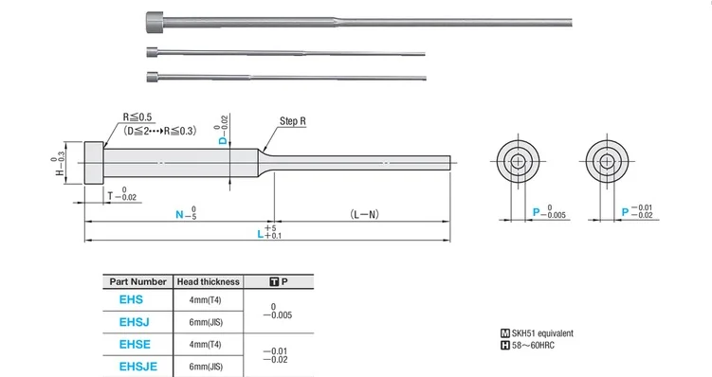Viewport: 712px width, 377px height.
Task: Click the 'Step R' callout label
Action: click(x=293, y=122)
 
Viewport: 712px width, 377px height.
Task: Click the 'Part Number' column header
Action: click(x=137, y=281)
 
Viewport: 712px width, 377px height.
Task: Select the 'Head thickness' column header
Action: click(x=207, y=281)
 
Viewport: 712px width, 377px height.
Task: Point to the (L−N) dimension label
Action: click(x=362, y=215)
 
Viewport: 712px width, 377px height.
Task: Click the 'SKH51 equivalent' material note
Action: click(x=540, y=334)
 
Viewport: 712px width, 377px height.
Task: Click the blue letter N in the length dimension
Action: click(x=180, y=215)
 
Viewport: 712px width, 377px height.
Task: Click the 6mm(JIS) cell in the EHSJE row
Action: click(x=208, y=366)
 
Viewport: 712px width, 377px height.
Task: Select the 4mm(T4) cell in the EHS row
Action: click(x=208, y=299)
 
